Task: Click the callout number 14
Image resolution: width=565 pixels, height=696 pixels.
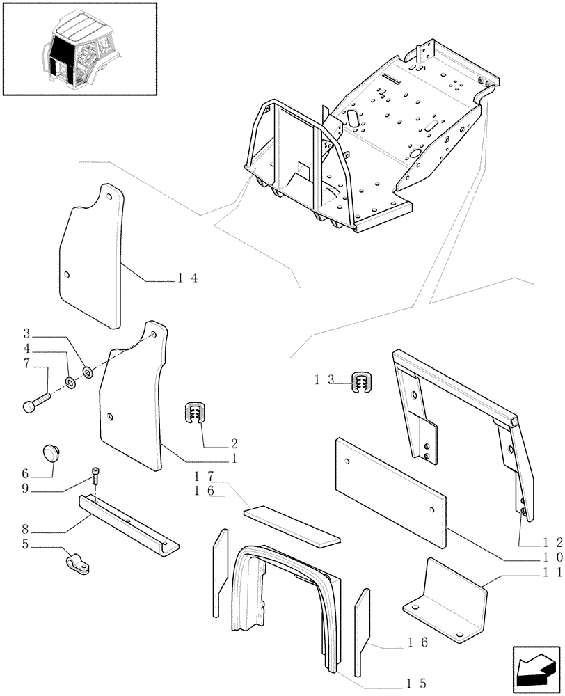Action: coord(187,278)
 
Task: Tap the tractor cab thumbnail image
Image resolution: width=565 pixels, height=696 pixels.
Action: coord(79,48)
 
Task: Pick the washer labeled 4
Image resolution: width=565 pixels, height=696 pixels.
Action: coord(71,382)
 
